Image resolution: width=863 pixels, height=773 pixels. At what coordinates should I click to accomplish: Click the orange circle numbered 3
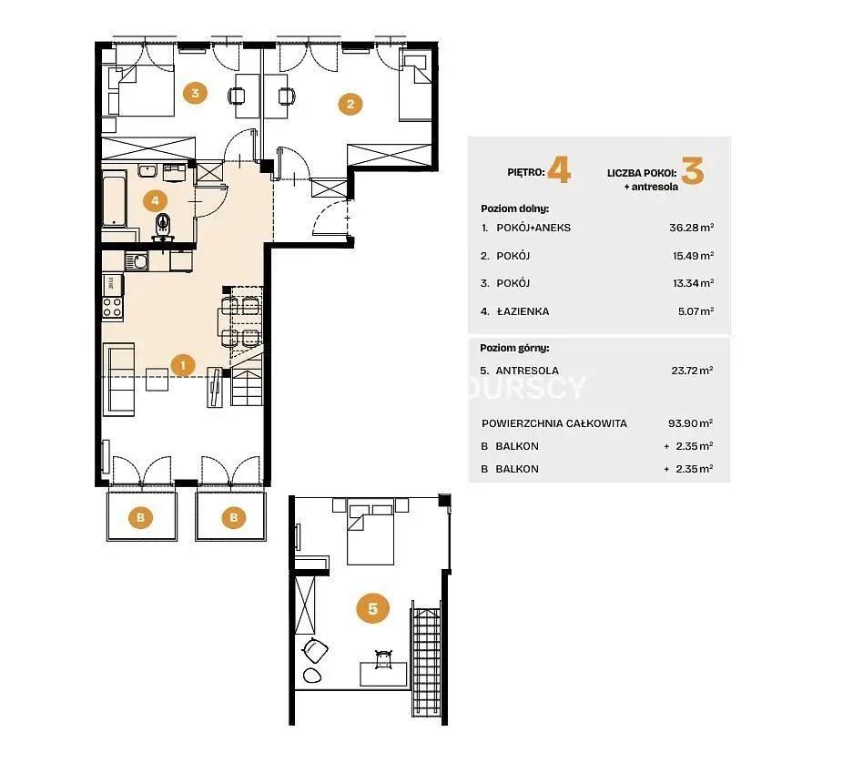coord(196,93)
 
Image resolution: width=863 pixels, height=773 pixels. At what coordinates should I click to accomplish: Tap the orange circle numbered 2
coord(350,104)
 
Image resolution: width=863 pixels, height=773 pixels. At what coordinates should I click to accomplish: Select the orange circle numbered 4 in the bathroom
coord(155,200)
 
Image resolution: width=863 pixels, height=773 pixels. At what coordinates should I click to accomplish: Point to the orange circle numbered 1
coord(183,364)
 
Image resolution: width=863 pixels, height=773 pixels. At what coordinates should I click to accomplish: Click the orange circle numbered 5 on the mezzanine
coord(372,608)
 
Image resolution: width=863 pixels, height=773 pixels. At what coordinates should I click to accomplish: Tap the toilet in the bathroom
coord(163,227)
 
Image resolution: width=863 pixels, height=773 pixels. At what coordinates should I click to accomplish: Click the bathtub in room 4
coord(115,198)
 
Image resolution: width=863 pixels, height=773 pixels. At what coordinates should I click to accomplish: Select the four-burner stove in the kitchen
coord(112,307)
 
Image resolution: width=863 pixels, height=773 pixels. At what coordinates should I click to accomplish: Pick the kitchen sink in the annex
coord(136,261)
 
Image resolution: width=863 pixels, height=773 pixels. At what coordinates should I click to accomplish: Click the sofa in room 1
coord(119,380)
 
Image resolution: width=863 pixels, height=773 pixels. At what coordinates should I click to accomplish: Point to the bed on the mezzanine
coord(371,532)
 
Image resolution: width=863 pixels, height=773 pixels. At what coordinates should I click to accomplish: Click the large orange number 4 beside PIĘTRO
coord(559,170)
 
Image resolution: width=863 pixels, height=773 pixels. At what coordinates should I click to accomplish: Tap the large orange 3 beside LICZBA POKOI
coord(693,170)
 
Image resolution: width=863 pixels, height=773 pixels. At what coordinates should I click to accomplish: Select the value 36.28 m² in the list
coord(691,227)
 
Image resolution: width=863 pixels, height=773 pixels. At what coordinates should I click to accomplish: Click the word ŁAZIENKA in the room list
coord(523,311)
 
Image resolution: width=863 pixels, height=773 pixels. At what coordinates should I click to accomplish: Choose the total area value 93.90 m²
coord(690,422)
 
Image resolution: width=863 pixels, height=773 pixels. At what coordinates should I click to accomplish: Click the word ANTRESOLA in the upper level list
coord(527,371)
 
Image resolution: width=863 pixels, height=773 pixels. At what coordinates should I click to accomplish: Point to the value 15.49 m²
coord(693,256)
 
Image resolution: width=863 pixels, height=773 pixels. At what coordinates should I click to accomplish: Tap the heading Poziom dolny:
coord(514,209)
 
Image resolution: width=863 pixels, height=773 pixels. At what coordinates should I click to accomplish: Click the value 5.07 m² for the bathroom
coord(695,311)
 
